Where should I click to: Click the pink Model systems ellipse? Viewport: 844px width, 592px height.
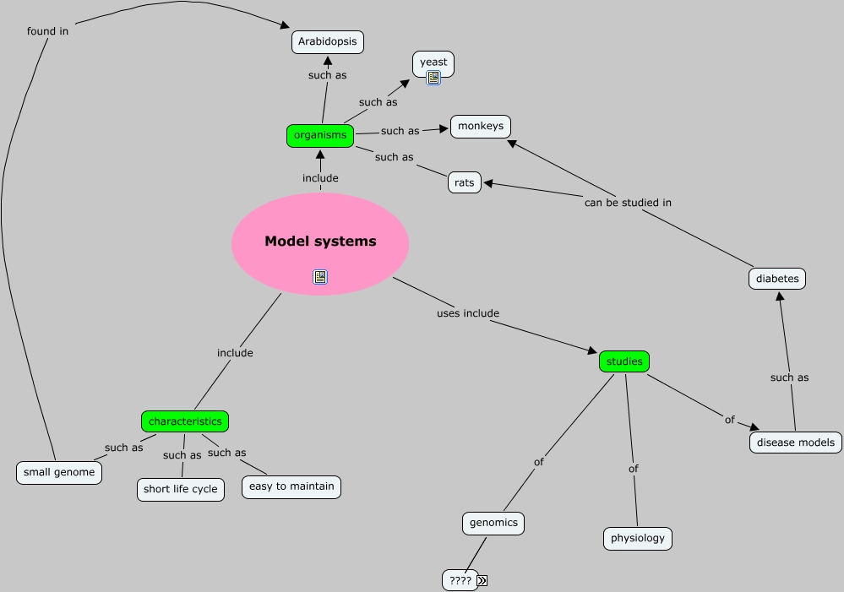(x=320, y=242)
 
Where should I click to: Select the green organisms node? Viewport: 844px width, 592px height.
(x=320, y=135)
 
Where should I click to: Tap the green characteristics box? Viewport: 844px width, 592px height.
(x=185, y=421)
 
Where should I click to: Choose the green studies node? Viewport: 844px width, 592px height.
(x=624, y=361)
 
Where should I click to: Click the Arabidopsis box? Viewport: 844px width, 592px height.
(x=328, y=41)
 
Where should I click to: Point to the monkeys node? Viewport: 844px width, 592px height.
(x=481, y=127)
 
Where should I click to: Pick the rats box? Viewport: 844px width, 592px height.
(x=464, y=182)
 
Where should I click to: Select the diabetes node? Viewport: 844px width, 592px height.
(x=777, y=279)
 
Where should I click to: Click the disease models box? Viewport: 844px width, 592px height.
(x=795, y=442)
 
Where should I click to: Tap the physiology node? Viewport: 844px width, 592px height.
(x=638, y=538)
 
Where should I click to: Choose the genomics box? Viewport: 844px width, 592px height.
(x=493, y=523)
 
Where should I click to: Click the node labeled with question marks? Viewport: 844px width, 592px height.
(x=460, y=580)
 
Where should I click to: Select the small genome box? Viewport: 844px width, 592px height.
(x=59, y=472)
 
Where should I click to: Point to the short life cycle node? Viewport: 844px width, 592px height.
(x=181, y=489)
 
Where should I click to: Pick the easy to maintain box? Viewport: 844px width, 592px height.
(x=291, y=486)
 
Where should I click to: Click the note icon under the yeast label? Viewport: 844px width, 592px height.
(x=433, y=78)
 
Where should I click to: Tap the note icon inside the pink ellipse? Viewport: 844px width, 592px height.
(x=320, y=276)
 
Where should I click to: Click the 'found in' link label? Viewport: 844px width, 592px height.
(x=47, y=31)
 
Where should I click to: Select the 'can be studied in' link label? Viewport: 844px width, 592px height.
(x=628, y=203)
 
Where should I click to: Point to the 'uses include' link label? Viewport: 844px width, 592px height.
(x=468, y=313)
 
